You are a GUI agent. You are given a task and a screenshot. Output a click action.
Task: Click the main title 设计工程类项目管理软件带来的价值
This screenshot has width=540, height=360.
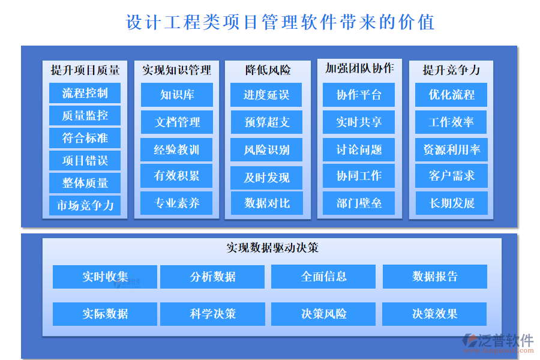click(x=280, y=22)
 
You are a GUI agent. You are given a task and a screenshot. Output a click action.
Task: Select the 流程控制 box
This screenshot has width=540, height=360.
click(x=85, y=93)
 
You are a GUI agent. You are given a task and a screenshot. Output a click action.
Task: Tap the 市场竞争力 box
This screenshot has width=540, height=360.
click(x=85, y=205)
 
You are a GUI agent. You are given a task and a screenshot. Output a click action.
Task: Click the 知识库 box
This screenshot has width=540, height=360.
click(x=176, y=95)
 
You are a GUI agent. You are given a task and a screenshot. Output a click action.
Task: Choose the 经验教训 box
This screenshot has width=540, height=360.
click(x=176, y=149)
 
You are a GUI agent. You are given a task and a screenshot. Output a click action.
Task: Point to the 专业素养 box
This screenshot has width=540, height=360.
click(x=176, y=203)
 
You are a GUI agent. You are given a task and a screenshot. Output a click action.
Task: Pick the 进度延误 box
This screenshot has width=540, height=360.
click(x=266, y=95)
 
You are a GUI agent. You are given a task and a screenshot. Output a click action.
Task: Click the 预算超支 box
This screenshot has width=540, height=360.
click(x=266, y=122)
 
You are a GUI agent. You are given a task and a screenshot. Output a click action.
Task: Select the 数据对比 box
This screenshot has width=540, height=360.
click(x=266, y=203)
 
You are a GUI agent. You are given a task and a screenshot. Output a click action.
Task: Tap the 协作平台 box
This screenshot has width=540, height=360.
click(x=359, y=95)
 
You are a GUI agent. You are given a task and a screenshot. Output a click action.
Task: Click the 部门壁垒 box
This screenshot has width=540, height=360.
click(x=359, y=203)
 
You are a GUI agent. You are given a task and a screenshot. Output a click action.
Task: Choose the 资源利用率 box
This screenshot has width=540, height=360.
click(x=451, y=149)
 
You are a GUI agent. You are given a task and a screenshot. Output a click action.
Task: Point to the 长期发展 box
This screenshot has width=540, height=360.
click(x=451, y=203)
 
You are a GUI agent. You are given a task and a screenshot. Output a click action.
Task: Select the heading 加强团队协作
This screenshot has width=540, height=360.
click(x=359, y=68)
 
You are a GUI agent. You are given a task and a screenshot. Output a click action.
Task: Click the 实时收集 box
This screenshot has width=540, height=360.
click(x=105, y=277)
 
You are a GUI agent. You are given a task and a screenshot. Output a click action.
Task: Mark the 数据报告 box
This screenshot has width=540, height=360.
click(x=435, y=277)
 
